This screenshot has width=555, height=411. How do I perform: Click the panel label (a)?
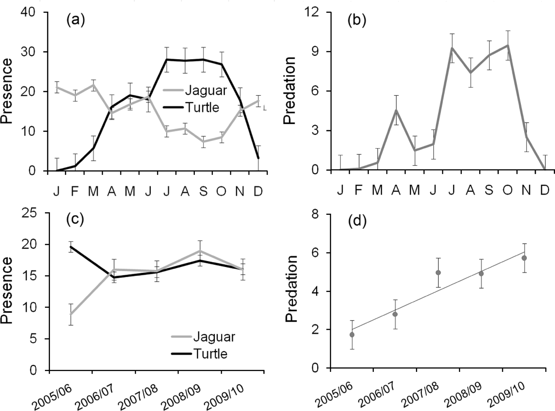(75, 20)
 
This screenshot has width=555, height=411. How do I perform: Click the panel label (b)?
(357, 20)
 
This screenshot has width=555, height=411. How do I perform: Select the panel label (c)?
(75, 219)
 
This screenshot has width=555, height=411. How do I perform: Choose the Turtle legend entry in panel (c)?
(210, 354)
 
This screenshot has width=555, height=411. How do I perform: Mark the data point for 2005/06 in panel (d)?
(352, 334)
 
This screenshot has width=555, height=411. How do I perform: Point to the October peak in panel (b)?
(508, 45)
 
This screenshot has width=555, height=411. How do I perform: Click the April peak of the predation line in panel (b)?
(396, 110)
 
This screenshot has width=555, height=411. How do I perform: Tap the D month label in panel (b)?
(544, 190)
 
